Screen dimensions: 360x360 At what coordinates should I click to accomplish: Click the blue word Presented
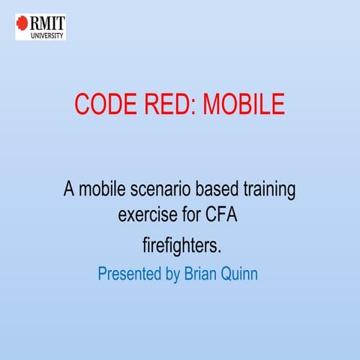[x=129, y=274]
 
